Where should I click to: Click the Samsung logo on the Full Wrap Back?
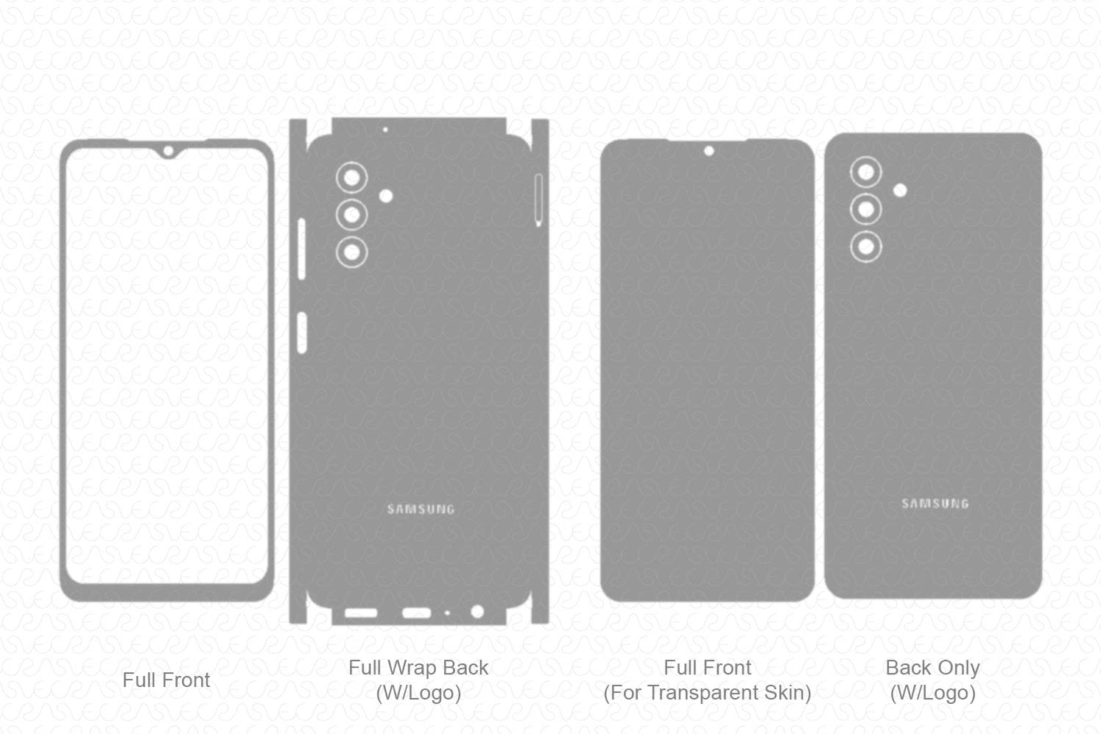pos(421,509)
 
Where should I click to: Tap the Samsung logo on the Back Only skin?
pos(935,504)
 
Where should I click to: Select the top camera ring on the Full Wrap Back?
pos(352,177)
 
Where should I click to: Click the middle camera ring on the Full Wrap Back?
pos(352,215)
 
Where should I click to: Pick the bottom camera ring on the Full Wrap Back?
pos(352,253)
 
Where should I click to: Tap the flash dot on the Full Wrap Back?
pos(385,196)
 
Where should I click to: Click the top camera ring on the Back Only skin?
pos(866,172)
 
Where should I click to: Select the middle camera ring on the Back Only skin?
pos(866,210)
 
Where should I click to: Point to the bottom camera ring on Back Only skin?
pos(866,247)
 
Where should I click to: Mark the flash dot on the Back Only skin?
pos(899,191)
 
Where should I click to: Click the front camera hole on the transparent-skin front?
pos(708,152)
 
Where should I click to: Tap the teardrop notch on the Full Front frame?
pos(168,152)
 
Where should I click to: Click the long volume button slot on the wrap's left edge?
pos(301,249)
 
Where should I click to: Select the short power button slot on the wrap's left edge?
pos(301,333)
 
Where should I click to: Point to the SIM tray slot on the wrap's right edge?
pos(538,199)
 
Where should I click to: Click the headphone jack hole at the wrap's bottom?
pos(477,612)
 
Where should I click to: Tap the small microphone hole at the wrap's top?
pos(385,130)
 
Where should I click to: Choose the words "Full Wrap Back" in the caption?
pos(418,668)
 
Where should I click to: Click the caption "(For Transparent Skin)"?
pos(707,693)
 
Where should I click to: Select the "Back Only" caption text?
pos(932,668)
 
